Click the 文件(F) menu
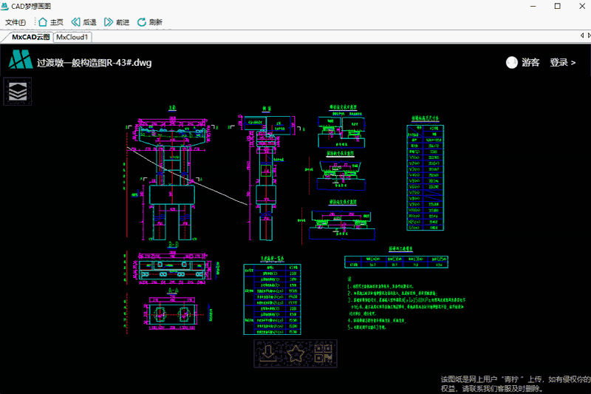16,22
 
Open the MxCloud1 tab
72,37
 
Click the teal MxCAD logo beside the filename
20,60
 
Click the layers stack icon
18,92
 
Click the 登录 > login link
562,63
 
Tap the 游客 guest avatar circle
511,63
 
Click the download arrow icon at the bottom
267,353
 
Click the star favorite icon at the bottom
295,353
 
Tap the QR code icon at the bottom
324,353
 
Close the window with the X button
578,6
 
